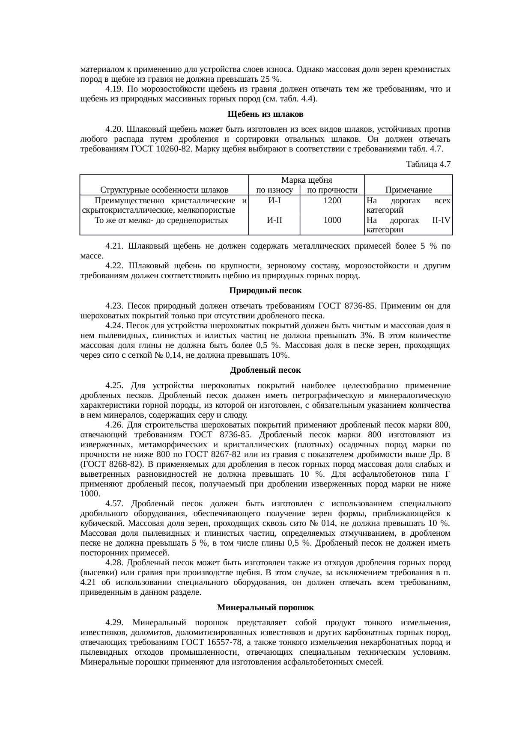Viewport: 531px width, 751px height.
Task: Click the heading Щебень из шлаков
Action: point(265,114)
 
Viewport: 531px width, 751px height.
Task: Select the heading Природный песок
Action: point(265,291)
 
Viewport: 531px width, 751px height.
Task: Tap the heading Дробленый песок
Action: point(265,370)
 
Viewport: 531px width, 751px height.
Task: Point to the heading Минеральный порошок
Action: point(265,607)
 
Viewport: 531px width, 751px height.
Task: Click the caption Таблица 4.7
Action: point(428,164)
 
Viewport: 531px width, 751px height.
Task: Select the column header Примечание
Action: point(408,190)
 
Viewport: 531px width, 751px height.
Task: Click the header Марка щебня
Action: point(306,180)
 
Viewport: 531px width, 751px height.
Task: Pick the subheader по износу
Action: point(274,190)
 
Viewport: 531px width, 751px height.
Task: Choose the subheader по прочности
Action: point(332,190)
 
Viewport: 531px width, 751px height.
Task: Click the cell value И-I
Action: point(274,200)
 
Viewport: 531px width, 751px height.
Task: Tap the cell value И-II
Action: point(274,220)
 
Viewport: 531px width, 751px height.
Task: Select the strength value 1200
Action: point(332,200)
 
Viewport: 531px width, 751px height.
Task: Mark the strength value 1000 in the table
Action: point(332,220)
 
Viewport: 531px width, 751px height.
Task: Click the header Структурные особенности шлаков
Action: point(164,190)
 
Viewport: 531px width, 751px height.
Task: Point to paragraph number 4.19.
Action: point(114,89)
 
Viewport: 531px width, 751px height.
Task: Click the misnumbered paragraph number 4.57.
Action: point(114,503)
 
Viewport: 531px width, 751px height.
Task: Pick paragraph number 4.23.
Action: point(114,306)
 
